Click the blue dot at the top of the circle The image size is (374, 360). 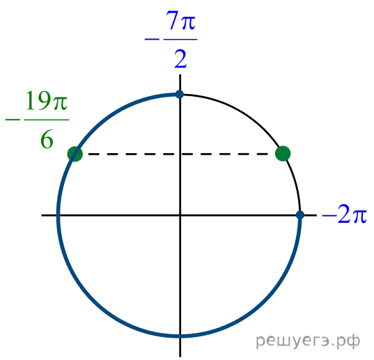(x=180, y=95)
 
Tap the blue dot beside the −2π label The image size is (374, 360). (x=300, y=214)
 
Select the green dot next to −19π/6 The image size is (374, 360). (x=75, y=154)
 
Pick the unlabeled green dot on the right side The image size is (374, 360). (x=283, y=153)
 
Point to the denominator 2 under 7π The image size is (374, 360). (x=180, y=59)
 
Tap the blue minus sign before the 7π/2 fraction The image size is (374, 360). (x=152, y=39)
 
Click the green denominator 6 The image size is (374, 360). (x=47, y=140)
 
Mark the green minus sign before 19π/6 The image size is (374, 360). (x=13, y=120)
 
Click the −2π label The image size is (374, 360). (x=344, y=214)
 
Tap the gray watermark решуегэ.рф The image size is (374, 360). (x=308, y=341)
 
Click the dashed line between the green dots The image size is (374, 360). (x=179, y=155)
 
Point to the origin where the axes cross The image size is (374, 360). (x=180, y=215)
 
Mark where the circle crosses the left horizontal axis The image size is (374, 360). (x=59, y=215)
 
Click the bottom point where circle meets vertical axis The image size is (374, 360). (x=180, y=336)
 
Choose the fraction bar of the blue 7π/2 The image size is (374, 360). (x=180, y=39)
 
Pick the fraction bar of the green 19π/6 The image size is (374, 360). (x=47, y=120)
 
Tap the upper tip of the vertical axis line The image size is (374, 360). (x=180, y=75)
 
